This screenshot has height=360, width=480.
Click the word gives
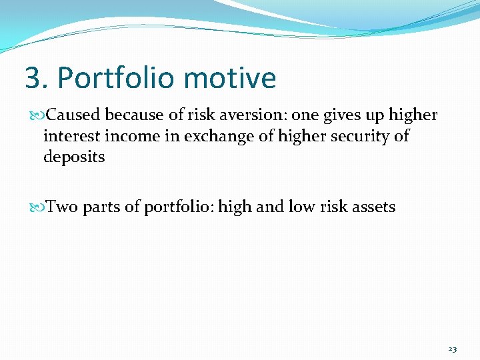tap(342, 115)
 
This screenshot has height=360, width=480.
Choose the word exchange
tap(210, 136)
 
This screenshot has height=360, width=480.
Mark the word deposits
tap(74, 157)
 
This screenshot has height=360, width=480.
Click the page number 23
tap(453, 349)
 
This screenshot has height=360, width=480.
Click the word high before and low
tap(235, 207)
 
